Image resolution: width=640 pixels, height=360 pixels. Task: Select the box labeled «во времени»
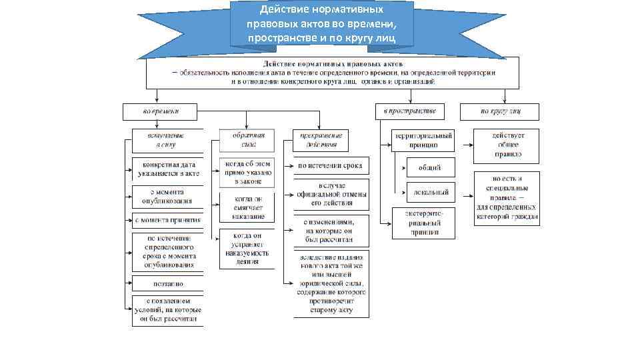(160, 111)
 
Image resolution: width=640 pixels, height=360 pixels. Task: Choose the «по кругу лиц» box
(499, 111)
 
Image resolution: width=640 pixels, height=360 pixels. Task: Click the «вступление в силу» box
(166, 139)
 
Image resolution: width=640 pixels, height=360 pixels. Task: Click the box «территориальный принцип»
(423, 139)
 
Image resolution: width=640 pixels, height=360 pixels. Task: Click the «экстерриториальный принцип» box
(423, 223)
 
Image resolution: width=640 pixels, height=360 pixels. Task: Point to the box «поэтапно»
(167, 283)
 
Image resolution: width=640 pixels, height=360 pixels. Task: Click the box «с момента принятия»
(167, 219)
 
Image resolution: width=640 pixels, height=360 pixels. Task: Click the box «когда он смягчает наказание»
(248, 207)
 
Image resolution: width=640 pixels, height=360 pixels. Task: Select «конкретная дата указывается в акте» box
(167, 168)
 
